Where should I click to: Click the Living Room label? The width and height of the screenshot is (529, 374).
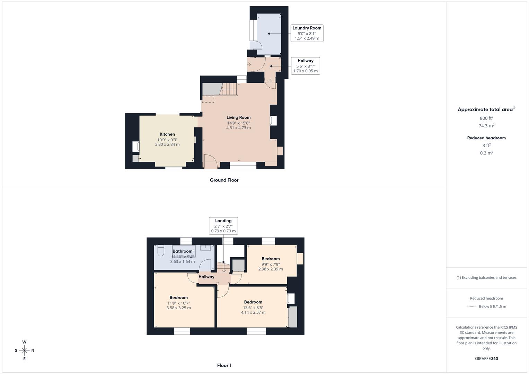pos(238,117)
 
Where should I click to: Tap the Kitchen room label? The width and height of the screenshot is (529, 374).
pos(167,134)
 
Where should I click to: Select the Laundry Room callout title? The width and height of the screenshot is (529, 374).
pos(307,28)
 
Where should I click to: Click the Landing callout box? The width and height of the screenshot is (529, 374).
pos(223,226)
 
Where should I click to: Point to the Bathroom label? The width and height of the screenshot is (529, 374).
pos(182,251)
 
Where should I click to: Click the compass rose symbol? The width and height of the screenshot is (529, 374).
pos(24,350)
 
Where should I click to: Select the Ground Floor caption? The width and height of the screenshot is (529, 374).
pos(224,180)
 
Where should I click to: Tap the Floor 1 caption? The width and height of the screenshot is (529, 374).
pos(224,365)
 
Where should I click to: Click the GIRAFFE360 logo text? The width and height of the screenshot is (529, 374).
pos(486,358)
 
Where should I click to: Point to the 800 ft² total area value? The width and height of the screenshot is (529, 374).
pos(486,118)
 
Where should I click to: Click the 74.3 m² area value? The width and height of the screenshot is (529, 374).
pos(486,126)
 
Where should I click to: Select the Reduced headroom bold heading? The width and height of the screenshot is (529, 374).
pos(486,138)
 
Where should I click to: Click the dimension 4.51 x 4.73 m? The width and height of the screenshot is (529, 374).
pos(238,128)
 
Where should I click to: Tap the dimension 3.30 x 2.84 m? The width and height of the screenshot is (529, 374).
pos(167,144)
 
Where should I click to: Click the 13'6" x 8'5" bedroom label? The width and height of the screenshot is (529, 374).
pos(253,307)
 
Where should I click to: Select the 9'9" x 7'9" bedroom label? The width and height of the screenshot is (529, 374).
pos(271,264)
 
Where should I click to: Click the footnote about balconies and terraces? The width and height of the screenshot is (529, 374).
pos(486,277)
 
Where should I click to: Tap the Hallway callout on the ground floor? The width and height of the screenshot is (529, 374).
pos(305,66)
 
